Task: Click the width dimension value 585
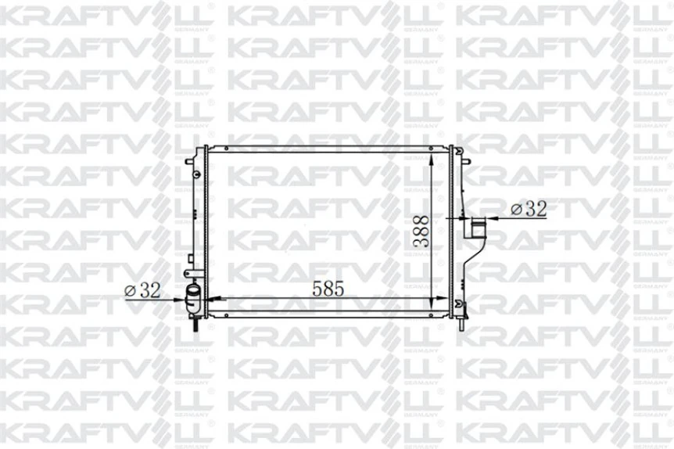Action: coord(328,289)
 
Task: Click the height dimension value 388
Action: coord(421,232)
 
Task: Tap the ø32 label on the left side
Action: coord(142,289)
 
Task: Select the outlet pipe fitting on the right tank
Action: coord(476,230)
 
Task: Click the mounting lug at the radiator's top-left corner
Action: coord(188,160)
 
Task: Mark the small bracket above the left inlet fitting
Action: coord(192,273)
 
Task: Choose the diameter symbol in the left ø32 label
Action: coord(130,290)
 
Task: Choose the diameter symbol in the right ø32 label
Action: coord(515,210)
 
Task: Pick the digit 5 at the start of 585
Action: coord(317,289)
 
